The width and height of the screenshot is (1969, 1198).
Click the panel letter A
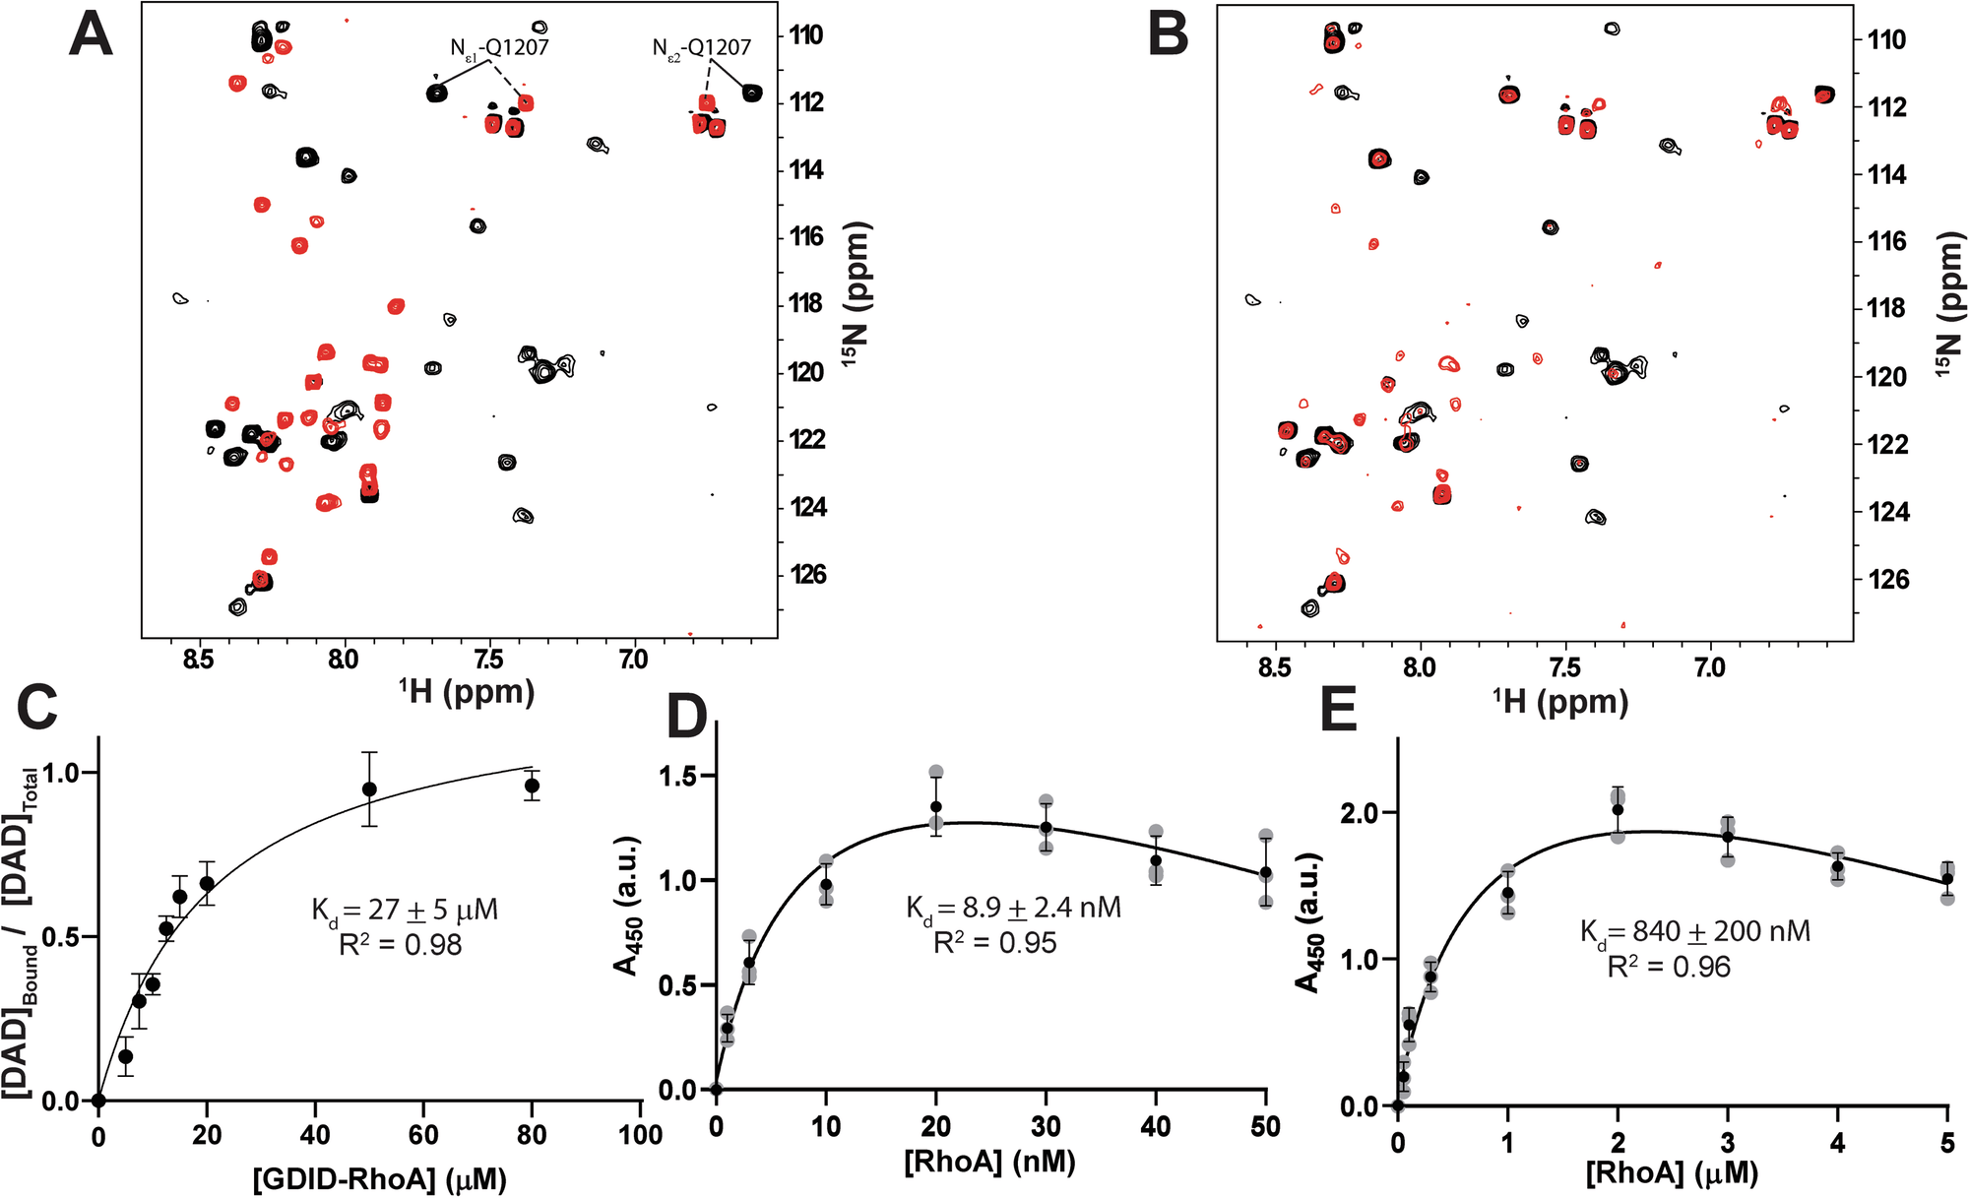click(x=91, y=35)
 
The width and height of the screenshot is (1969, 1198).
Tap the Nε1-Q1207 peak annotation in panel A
click(x=499, y=47)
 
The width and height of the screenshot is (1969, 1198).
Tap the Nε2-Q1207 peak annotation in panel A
click(x=701, y=47)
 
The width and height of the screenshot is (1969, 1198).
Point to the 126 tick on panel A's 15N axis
click(x=808, y=574)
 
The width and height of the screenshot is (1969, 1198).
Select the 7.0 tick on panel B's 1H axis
click(x=1709, y=668)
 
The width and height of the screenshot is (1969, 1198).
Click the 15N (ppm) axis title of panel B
click(x=1946, y=304)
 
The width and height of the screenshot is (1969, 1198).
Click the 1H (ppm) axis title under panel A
click(x=467, y=691)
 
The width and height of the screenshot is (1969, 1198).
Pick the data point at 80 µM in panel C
click(x=532, y=786)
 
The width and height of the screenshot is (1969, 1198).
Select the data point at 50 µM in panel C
click(x=369, y=789)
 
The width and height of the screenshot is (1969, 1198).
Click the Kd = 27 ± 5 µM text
click(x=405, y=910)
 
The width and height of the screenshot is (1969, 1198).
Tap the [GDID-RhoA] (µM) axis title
click(x=379, y=1178)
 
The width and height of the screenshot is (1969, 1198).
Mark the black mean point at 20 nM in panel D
click(x=936, y=807)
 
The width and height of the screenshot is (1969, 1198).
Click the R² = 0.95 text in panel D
click(x=994, y=943)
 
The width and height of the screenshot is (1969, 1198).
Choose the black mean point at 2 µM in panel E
click(x=1618, y=810)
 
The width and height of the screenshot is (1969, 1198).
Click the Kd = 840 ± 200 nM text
click(x=1694, y=931)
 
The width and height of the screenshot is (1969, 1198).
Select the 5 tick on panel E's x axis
click(x=1946, y=1143)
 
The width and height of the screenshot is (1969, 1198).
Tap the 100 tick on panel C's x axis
click(x=640, y=1135)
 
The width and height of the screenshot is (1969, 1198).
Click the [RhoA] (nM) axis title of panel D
click(x=989, y=1162)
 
